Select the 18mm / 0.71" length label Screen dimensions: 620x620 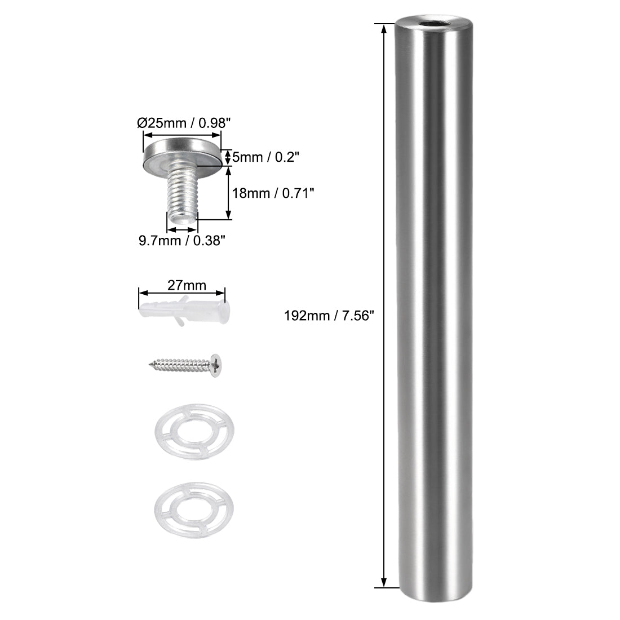pos(273,193)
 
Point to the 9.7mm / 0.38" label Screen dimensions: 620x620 pos(183,241)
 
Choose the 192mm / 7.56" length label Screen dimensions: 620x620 pos(329,316)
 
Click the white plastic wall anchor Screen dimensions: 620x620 pos(183,311)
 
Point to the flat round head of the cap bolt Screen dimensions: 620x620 pos(181,153)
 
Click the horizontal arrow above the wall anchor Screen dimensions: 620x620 pos(182,293)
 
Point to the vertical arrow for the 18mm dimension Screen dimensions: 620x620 pos(228,192)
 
